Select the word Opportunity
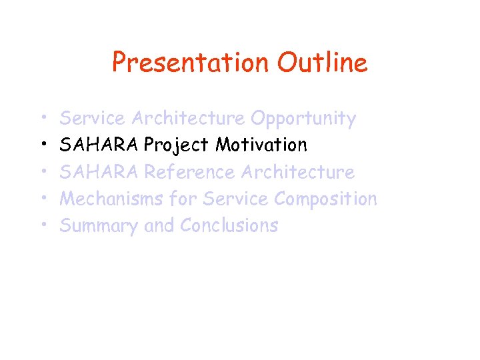(303, 119)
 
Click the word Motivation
(261, 145)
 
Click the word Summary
(99, 226)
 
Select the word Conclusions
(229, 226)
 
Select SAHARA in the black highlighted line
(99, 145)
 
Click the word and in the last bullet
(159, 226)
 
